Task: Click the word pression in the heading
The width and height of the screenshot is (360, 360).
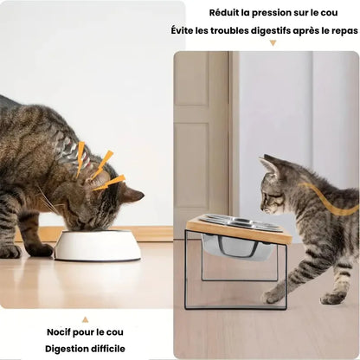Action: [x=273, y=14]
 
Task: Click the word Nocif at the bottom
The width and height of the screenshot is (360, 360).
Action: [x=59, y=331]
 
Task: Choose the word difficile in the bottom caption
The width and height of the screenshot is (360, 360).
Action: [x=108, y=349]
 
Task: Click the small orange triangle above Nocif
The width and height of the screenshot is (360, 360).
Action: [x=85, y=319]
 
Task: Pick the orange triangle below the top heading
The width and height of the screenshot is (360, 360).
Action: [x=273, y=43]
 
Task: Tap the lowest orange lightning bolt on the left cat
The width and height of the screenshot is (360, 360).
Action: [x=110, y=183]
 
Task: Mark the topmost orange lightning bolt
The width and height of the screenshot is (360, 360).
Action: [x=80, y=158]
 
